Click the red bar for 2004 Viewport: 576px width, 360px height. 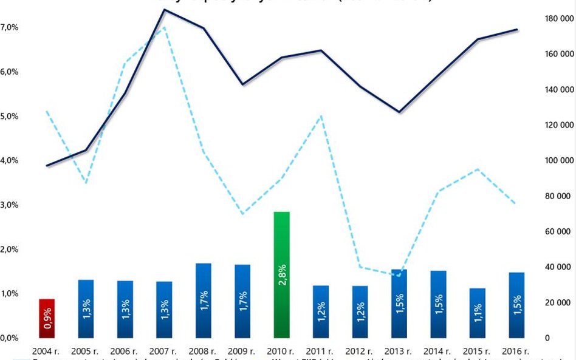coord(47,318)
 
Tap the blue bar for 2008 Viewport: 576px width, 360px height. coord(204,301)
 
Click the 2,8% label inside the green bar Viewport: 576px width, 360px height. coord(283,276)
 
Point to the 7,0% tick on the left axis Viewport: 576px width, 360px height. coord(10,27)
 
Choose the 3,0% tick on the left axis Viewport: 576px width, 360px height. coord(10,205)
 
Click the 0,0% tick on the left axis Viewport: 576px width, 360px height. coord(10,338)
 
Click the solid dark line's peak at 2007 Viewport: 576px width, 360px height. coord(165,10)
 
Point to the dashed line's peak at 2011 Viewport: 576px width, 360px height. coord(321,116)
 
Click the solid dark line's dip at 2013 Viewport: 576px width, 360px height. coord(399,112)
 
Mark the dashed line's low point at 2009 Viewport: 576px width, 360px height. coord(242,214)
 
